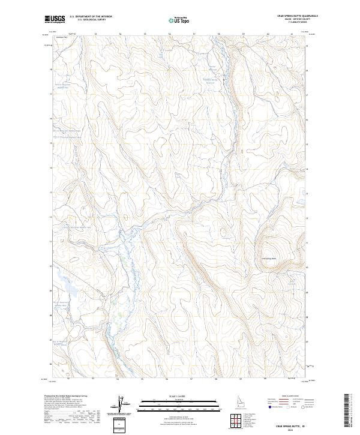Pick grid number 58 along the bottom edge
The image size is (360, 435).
(215, 379)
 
